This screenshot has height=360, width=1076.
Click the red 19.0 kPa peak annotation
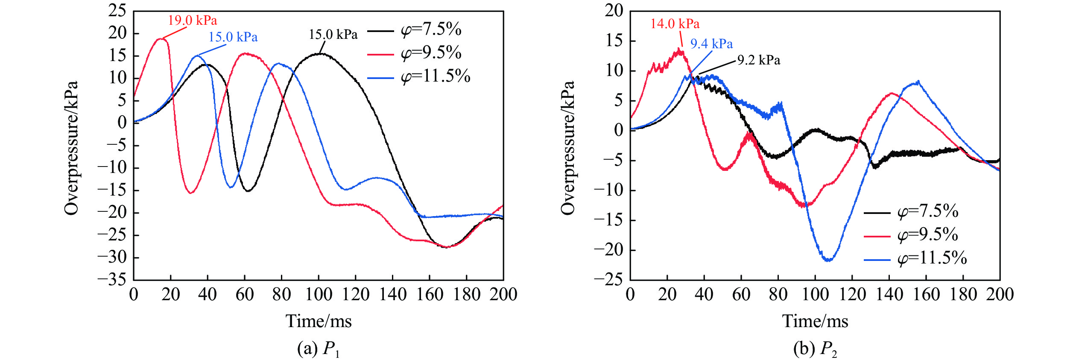192,20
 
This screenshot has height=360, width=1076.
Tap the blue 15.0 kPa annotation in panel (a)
233,37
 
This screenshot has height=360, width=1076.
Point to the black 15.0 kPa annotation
333,35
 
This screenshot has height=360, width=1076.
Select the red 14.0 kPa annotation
675,24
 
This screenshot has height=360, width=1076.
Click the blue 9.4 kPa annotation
711,44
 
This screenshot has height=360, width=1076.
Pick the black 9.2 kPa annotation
759,61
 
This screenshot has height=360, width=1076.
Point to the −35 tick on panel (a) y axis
112,280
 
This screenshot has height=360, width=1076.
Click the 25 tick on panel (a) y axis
117,11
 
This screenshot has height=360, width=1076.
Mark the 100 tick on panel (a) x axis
319,295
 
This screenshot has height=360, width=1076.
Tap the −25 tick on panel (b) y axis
609,280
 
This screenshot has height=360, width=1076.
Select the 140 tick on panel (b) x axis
889,295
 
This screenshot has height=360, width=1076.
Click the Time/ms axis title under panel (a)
319,322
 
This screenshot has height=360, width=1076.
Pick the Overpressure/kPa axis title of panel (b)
568,147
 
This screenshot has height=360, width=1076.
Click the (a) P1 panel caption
319,349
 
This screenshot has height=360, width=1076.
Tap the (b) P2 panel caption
815,349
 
